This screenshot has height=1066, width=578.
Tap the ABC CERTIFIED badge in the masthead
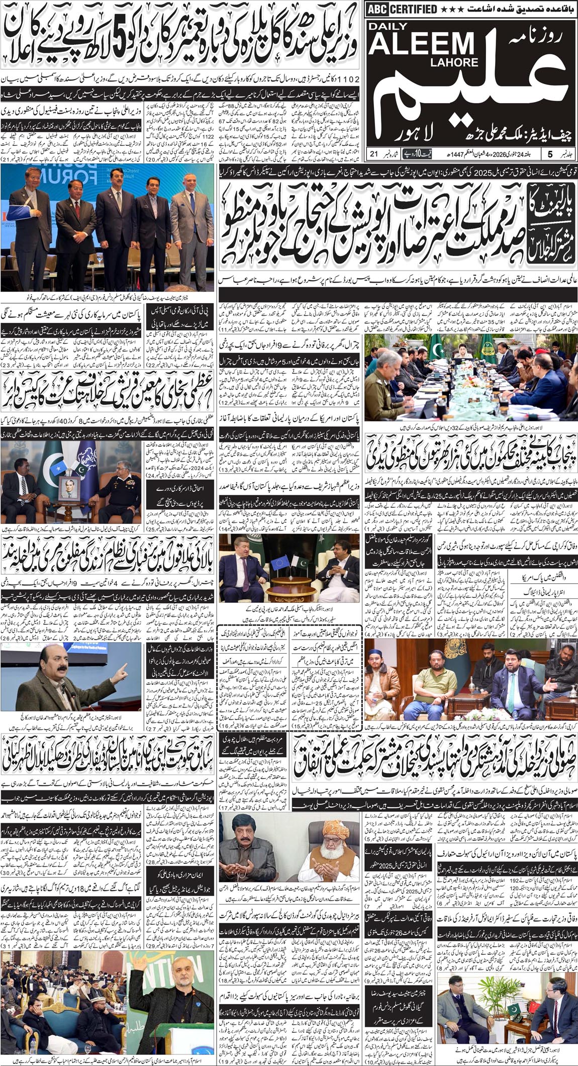click(402, 9)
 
